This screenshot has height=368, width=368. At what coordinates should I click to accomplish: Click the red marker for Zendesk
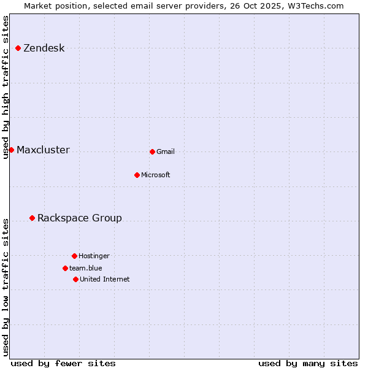18,48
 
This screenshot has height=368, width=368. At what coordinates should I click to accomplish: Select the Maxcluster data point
11,150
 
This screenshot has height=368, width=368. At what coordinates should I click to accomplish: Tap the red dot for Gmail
152,151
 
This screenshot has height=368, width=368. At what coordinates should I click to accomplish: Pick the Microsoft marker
137,175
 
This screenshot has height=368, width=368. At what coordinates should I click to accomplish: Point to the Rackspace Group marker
32,218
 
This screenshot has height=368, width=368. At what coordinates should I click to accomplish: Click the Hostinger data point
74,256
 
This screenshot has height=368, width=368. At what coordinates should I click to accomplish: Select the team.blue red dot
65,268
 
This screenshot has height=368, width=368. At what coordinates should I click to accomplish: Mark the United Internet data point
75,279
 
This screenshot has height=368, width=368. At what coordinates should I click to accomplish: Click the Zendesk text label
44,48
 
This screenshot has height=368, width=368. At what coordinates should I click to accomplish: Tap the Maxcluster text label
43,150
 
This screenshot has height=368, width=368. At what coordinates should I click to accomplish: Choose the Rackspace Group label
79,218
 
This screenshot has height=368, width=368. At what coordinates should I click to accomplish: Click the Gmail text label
166,152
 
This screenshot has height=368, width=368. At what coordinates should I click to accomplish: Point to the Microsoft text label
155,175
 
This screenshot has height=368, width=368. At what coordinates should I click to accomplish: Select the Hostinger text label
94,256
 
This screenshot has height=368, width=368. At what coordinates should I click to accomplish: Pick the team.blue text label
85,269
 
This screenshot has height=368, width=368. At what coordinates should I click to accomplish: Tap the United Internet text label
104,280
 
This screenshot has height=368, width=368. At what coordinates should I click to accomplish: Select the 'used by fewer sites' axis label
63,363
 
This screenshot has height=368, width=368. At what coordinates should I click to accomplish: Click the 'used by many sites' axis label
308,363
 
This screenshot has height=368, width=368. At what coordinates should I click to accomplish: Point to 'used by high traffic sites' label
6,87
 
